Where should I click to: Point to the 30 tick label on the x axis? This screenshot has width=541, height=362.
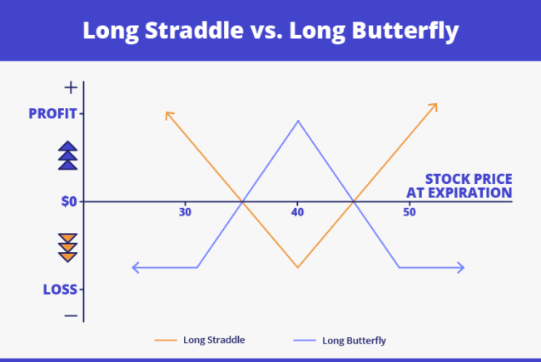185,213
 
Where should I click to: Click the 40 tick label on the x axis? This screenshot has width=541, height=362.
297,213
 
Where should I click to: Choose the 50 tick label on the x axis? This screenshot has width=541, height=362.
409,213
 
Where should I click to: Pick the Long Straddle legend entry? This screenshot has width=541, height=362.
200,340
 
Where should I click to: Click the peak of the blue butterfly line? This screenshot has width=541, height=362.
297,121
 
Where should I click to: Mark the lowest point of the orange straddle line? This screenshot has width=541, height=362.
297,267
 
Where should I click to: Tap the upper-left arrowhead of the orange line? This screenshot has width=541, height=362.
168,113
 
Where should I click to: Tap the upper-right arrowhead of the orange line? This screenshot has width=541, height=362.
434,107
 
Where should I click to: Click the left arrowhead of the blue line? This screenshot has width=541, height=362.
136,267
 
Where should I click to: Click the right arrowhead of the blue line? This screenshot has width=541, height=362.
460,267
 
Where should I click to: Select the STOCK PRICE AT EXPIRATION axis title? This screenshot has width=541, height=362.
459,186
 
